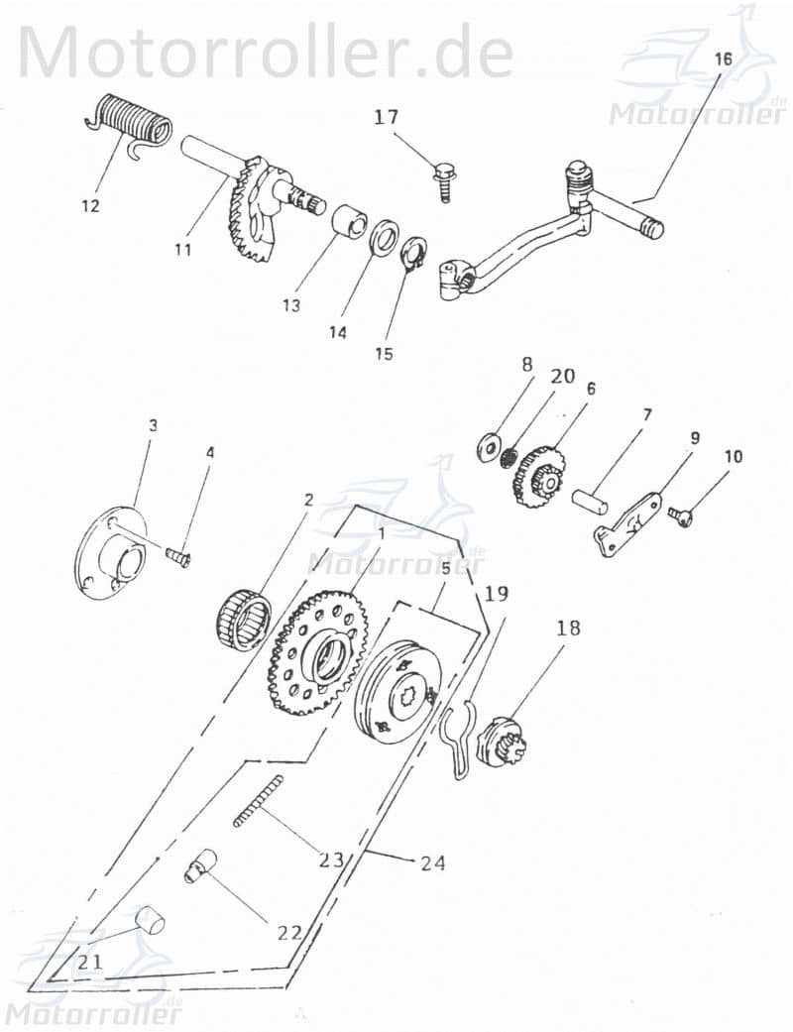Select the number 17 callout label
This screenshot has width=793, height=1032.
(x=386, y=117)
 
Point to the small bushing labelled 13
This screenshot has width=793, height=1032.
(x=348, y=220)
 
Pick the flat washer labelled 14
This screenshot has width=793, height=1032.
(x=383, y=241)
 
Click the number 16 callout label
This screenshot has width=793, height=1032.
(x=723, y=58)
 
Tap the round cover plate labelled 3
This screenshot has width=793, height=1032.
(x=111, y=554)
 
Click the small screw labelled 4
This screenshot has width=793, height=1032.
(x=178, y=559)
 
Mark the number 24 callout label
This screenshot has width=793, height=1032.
(x=432, y=862)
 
